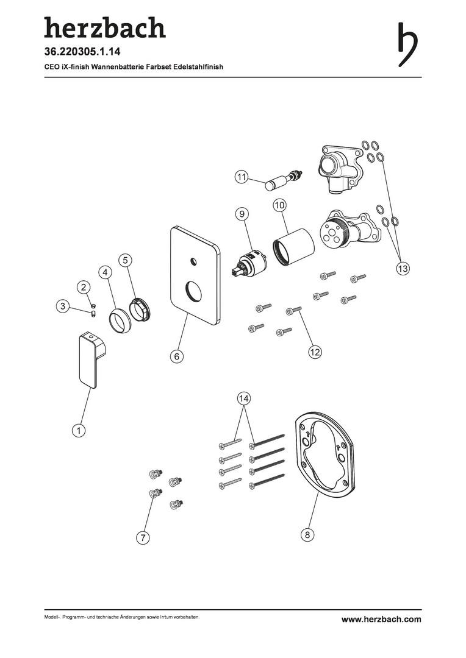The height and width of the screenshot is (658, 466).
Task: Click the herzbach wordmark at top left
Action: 105,27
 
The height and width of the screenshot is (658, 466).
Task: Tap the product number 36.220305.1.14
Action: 82,52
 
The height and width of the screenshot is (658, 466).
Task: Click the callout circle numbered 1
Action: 79,430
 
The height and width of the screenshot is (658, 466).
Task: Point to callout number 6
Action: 177,356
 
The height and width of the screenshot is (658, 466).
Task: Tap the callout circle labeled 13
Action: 403,268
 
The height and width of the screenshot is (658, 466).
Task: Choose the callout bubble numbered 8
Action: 307,535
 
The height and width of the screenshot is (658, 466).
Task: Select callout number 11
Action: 241,177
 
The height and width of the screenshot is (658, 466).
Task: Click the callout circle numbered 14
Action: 244,398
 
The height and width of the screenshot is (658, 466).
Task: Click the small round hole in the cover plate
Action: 193,261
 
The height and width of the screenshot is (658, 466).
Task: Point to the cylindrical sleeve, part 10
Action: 294,247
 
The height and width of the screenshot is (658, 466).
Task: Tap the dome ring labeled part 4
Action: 119,320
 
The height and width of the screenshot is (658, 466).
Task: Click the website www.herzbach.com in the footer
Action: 381,619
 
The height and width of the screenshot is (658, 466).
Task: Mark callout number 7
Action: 143,537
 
